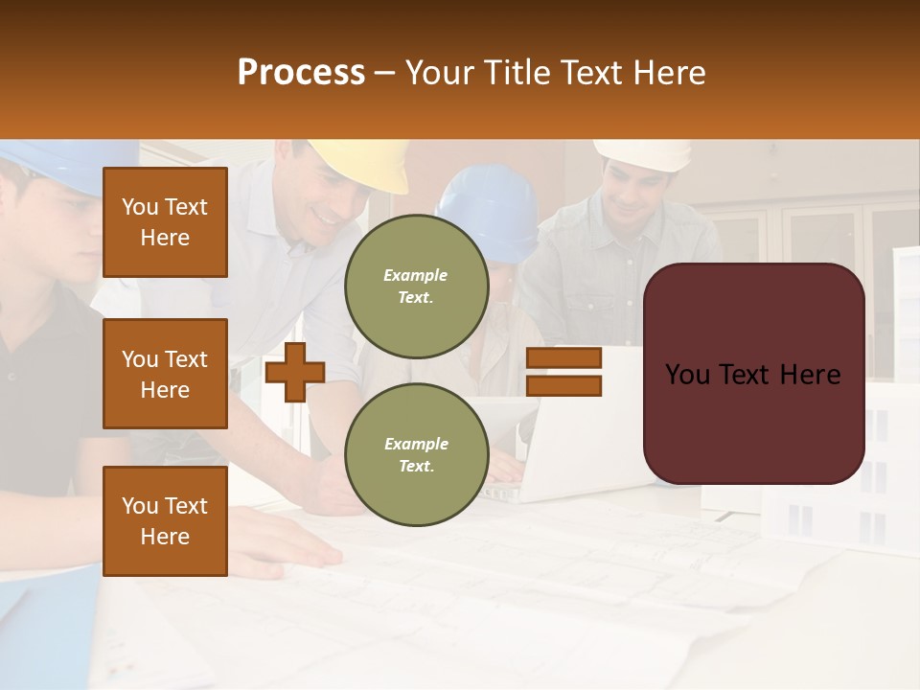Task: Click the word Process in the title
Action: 301,73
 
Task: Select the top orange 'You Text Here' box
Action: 165,222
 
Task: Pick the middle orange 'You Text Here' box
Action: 165,374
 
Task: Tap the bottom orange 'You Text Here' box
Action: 165,520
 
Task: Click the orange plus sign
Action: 295,372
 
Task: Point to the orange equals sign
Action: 563,372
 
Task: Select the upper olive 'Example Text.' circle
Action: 416,286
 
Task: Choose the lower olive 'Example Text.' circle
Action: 416,454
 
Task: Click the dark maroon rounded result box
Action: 753,374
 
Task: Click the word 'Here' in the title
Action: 669,73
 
